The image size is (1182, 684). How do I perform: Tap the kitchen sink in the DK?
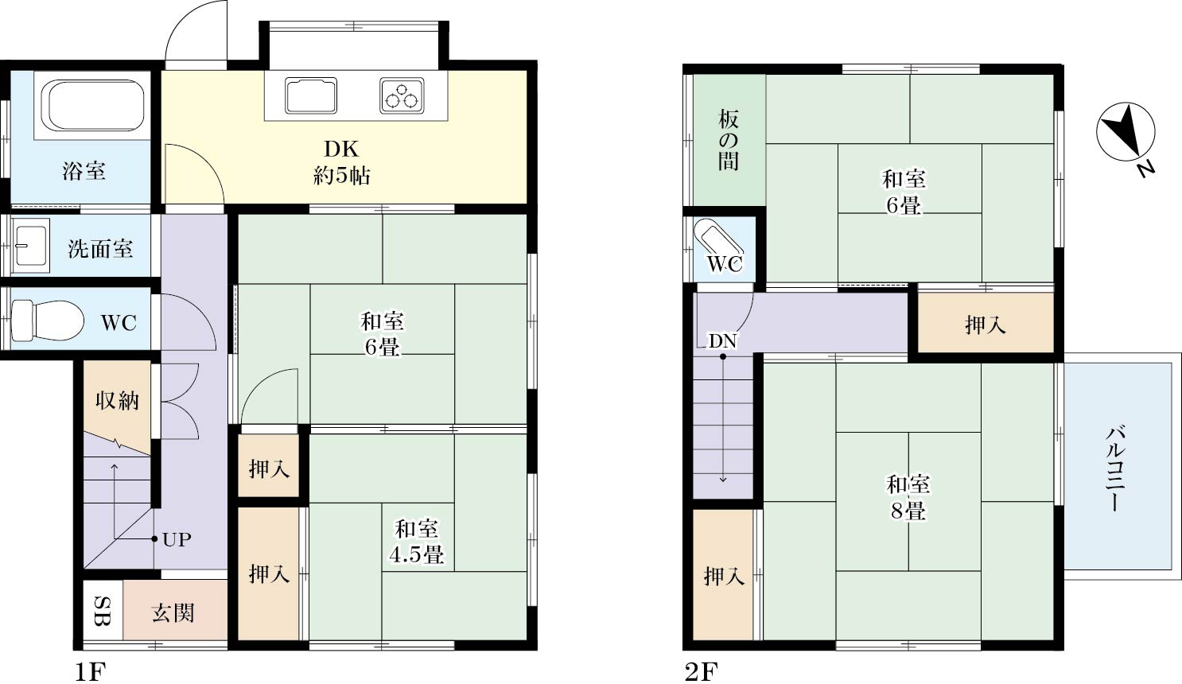(x=310, y=95)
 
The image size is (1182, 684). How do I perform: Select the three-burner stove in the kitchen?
(x=402, y=95)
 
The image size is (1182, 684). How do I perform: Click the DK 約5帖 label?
(x=341, y=162)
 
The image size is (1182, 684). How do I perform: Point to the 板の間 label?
(x=729, y=141)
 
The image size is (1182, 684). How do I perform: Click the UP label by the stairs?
(x=177, y=540)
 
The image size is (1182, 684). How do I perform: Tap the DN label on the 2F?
(x=723, y=342)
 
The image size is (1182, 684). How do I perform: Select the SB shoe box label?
(x=103, y=612)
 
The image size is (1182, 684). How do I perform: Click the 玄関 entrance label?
(x=173, y=612)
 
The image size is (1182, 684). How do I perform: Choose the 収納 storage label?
(x=117, y=400)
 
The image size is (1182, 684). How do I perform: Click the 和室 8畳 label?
(x=908, y=497)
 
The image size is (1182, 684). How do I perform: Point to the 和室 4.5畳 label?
(x=416, y=542)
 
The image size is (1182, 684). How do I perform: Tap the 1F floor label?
(x=90, y=672)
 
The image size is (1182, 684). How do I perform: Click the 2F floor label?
(x=701, y=672)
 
